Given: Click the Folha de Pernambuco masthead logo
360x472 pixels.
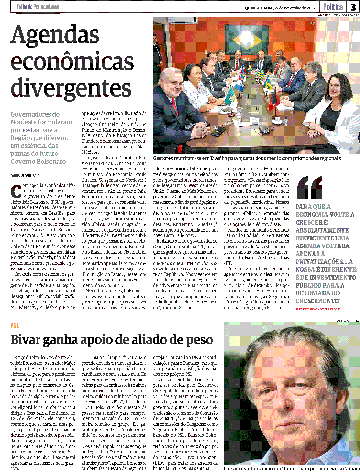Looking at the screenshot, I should [38, 7].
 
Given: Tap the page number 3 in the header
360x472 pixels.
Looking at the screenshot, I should [353, 7].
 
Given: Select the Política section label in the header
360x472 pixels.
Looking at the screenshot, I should [333, 7].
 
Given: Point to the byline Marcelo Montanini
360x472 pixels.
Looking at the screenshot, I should [26, 175].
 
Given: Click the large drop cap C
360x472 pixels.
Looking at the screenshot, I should [16, 192].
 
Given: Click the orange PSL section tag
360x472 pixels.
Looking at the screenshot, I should [15, 325].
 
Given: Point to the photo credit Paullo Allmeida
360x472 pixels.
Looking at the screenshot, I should [347, 321].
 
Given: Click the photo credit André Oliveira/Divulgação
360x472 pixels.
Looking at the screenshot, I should [339, 15].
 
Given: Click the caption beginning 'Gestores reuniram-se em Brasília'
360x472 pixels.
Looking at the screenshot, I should [247, 158].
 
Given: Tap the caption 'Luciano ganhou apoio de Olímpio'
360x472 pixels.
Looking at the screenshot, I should [291, 469].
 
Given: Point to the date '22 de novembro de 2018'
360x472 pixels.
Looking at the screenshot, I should [295, 8].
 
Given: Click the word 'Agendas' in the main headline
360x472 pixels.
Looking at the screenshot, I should [55, 35].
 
